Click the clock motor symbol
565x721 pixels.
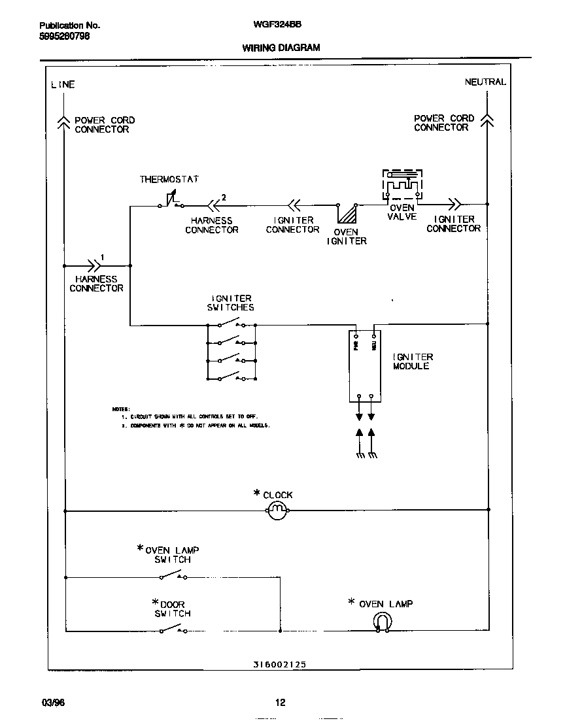tap(277, 510)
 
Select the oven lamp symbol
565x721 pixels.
tap(381, 624)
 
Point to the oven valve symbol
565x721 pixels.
tap(402, 186)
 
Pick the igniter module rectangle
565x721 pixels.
tap(365, 366)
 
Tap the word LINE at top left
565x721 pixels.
tap(63, 84)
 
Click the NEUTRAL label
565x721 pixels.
tap(485, 82)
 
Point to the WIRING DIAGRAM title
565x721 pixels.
tap(281, 48)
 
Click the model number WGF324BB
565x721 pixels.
tap(277, 24)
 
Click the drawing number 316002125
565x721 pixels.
tap(279, 664)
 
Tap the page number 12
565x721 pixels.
tap(280, 703)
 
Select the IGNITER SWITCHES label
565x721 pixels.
tap(230, 303)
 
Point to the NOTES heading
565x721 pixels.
tap(121, 409)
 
